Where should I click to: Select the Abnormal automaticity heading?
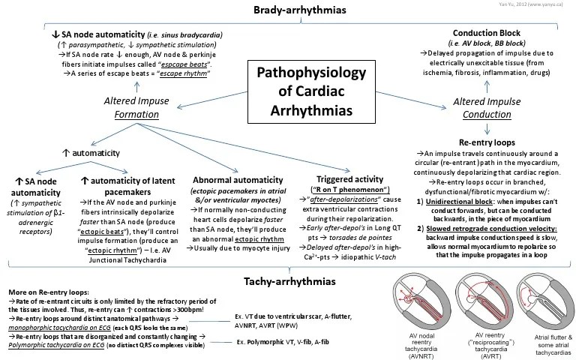coord(233,160)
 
